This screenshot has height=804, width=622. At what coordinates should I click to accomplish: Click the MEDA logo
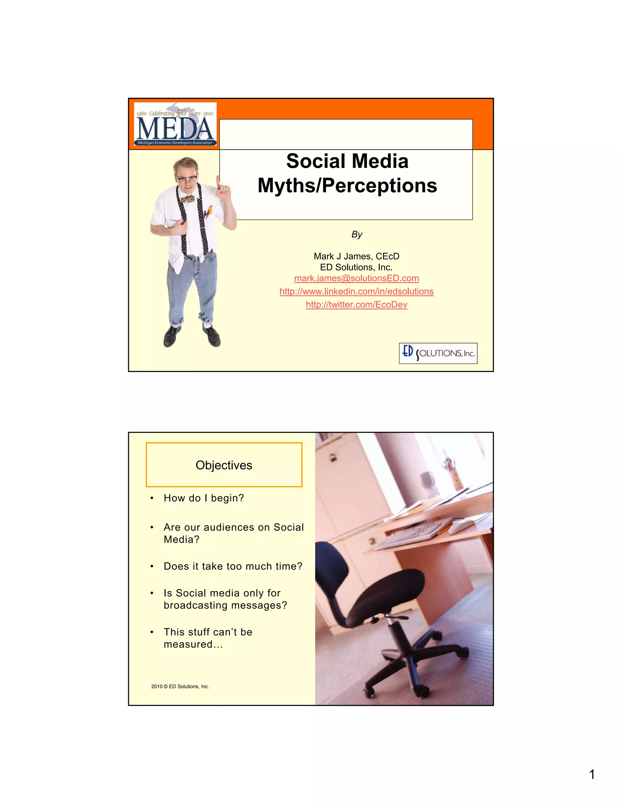175,124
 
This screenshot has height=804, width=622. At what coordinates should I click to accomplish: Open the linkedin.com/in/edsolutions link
356,292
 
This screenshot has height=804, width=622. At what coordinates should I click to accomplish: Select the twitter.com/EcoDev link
356,305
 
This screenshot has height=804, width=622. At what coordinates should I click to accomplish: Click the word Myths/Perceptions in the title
347,186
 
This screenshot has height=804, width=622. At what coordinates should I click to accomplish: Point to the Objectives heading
224,465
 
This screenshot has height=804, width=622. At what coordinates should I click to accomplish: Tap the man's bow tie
188,199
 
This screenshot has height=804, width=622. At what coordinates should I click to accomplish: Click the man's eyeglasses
187,179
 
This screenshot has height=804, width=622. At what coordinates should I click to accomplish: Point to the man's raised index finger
218,181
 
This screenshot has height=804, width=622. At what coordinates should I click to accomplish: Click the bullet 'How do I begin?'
204,498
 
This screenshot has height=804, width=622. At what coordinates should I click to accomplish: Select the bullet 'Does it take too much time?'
233,566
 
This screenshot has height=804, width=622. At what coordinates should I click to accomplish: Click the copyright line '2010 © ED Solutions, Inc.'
180,687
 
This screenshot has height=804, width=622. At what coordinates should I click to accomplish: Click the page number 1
592,775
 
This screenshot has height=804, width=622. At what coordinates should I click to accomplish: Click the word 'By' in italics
357,235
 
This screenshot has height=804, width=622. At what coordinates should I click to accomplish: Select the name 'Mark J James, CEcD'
356,256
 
